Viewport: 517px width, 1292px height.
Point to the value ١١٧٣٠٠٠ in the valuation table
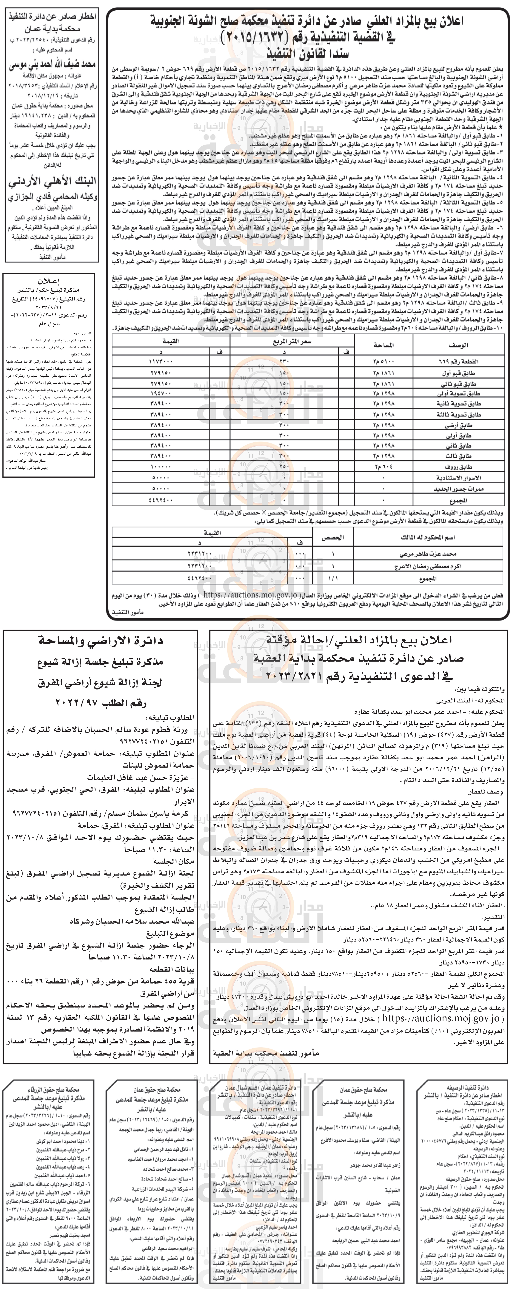(x=161, y=361)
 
